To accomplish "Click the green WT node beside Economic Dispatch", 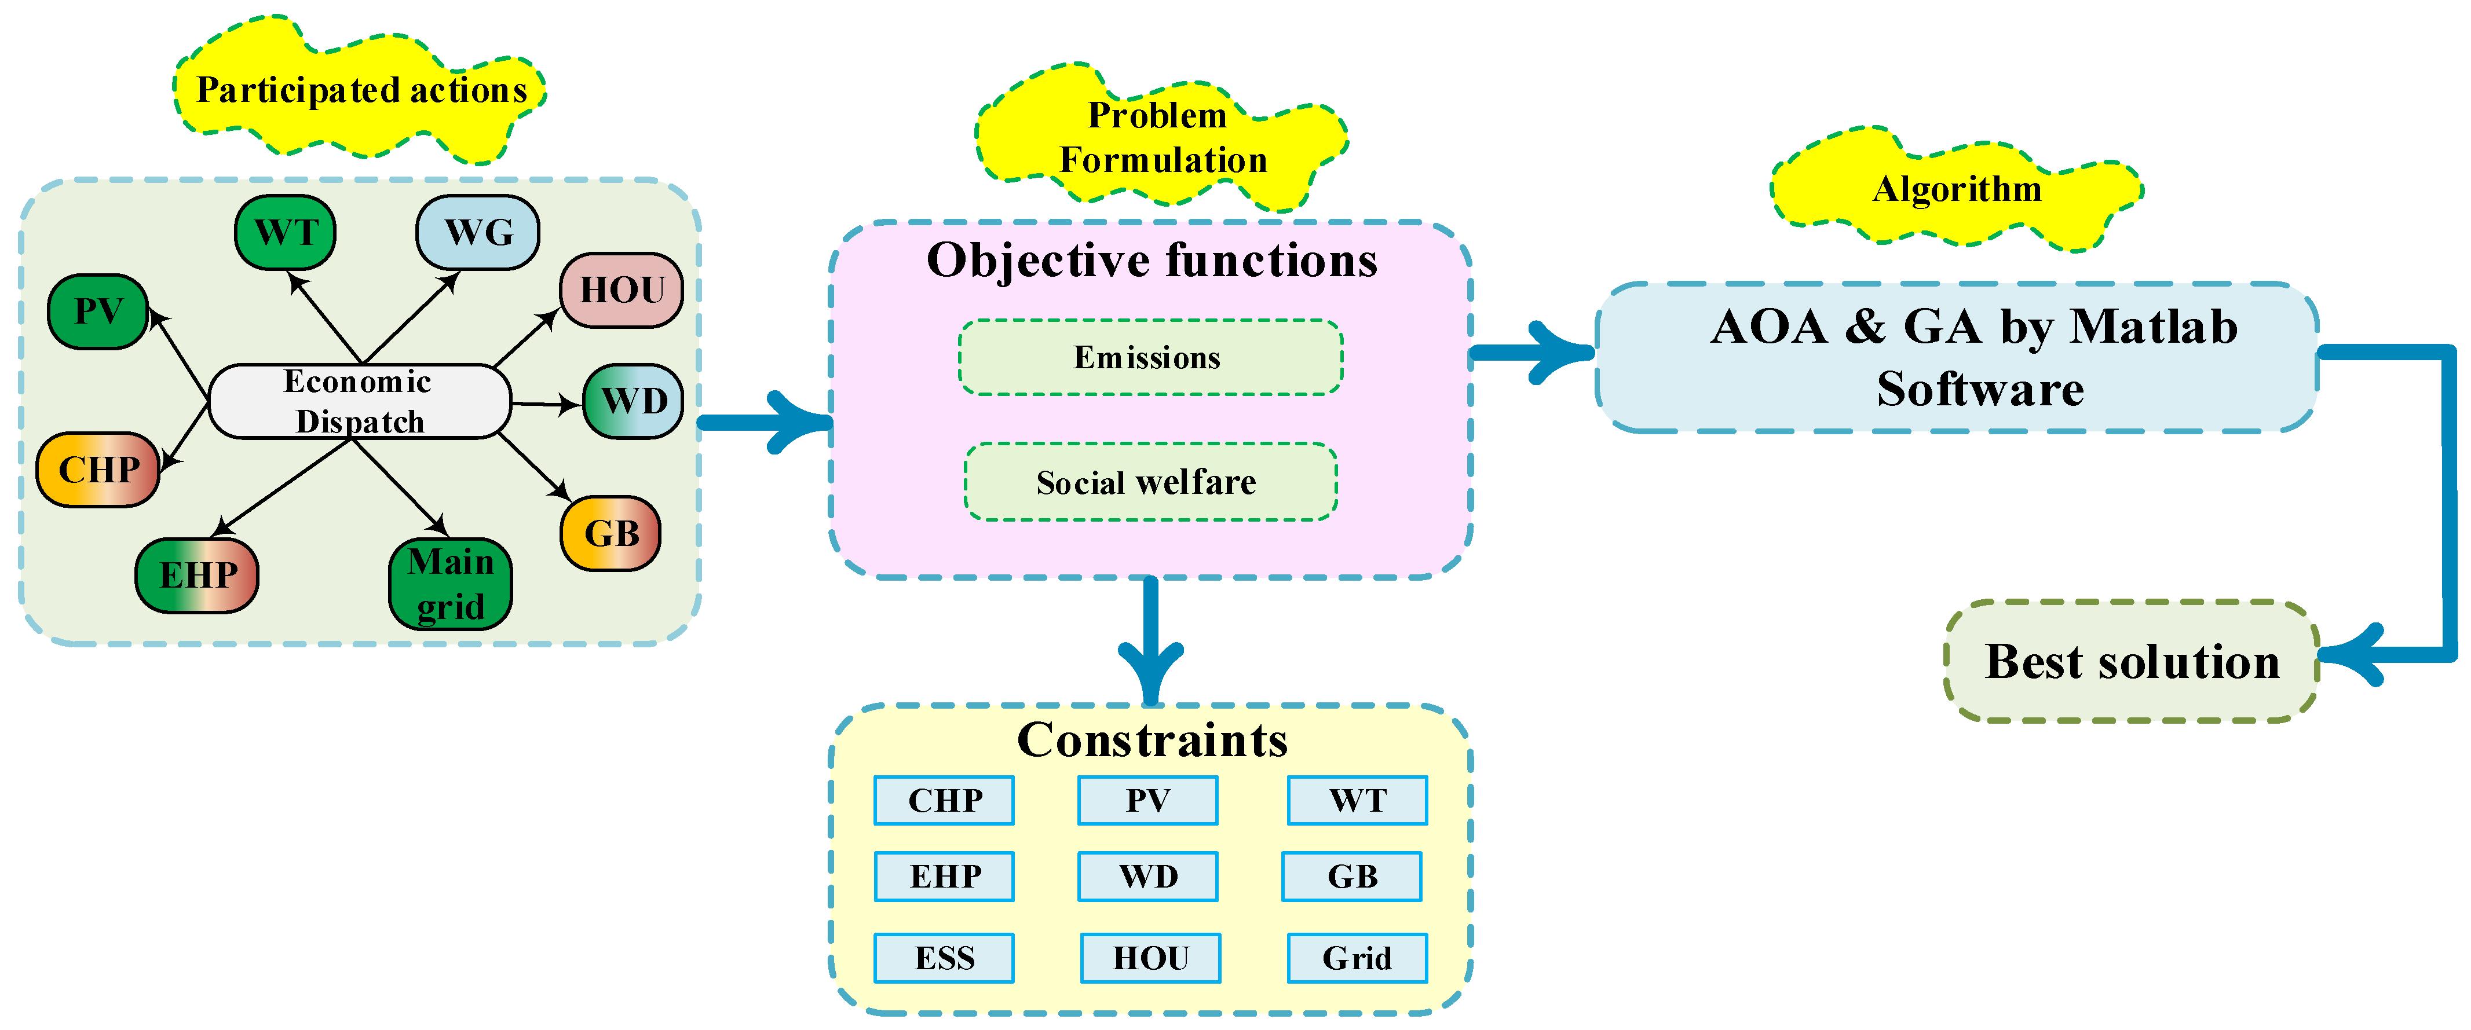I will [x=285, y=232].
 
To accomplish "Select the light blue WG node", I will [x=478, y=232].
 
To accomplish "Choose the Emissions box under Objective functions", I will [x=1149, y=358].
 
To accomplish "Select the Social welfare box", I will [x=1149, y=482].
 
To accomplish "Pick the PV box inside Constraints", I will [x=1147, y=800].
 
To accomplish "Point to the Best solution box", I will [x=2132, y=661].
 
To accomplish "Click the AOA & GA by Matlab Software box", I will [x=1957, y=357].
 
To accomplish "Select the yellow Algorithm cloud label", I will [x=1957, y=189].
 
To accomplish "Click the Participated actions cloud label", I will [x=361, y=90].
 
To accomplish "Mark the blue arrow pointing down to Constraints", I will [x=1150, y=643].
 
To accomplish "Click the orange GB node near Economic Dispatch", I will [x=611, y=533].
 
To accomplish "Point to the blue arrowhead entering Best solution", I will [x=2350, y=655].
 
